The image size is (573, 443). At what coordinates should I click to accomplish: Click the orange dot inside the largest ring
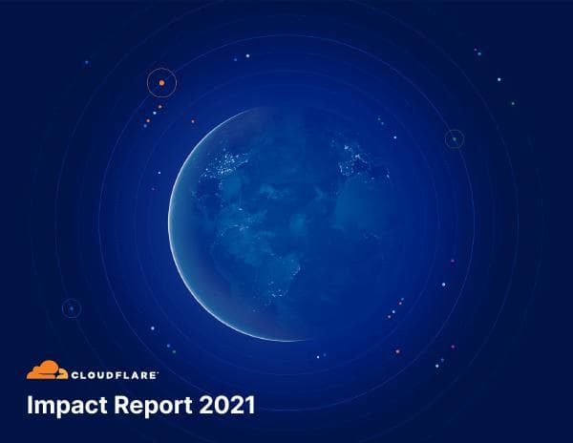tap(162, 83)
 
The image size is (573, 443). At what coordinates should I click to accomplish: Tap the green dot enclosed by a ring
tap(455, 139)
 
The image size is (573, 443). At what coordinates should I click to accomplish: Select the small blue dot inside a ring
tap(71, 308)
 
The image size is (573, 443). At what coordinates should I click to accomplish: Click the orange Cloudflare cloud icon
tap(46, 370)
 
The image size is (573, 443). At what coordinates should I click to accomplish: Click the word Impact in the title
tap(65, 406)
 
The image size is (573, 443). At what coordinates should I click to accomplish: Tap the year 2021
tap(228, 405)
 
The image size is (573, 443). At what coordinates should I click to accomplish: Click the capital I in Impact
tap(30, 405)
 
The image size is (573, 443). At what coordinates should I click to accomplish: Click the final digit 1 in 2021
tap(250, 405)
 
